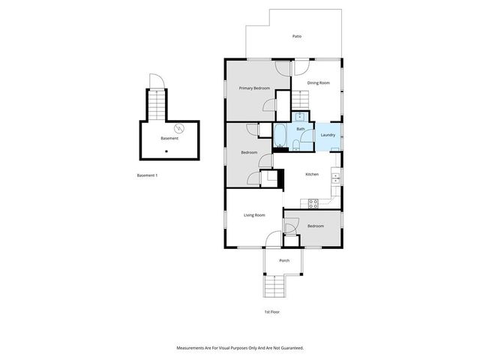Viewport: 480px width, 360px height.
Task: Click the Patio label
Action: point(297,36)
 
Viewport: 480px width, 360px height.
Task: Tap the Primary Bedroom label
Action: point(254,88)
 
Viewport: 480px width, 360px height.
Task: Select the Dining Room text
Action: point(319,82)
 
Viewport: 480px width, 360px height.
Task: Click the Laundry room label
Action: point(328,135)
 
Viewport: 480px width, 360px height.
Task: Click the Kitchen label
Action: point(312,174)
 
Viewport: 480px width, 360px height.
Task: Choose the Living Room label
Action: point(254,215)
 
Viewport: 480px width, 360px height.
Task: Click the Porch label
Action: point(284,260)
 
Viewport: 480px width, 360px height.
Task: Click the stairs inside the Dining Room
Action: point(300,99)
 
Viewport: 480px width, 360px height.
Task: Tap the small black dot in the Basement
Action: point(166,151)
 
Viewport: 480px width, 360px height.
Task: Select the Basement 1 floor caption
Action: point(147,175)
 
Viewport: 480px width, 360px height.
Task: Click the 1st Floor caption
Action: point(271,311)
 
